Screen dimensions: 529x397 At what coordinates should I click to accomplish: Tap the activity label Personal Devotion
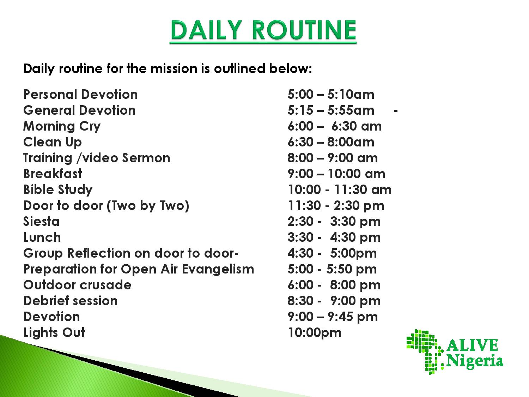(80, 94)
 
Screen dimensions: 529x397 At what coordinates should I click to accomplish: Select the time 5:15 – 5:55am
(331, 110)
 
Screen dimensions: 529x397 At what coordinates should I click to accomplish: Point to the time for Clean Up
(331, 142)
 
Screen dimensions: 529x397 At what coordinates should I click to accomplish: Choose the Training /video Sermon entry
(97, 158)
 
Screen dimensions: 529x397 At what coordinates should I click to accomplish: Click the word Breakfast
(53, 174)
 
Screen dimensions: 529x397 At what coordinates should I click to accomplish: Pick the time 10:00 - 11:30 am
(340, 190)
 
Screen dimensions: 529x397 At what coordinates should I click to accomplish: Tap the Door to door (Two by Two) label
(106, 206)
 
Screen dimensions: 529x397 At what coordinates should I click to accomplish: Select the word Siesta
(41, 221)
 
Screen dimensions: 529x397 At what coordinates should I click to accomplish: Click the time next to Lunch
(334, 237)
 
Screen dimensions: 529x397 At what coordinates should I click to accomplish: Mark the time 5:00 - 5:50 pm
(332, 269)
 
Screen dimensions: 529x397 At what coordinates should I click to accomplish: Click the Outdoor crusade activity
(77, 285)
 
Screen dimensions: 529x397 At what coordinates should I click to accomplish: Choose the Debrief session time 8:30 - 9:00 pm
(334, 301)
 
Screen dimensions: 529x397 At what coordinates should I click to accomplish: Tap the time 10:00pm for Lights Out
(315, 333)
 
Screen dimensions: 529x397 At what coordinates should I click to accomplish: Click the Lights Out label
(54, 332)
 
